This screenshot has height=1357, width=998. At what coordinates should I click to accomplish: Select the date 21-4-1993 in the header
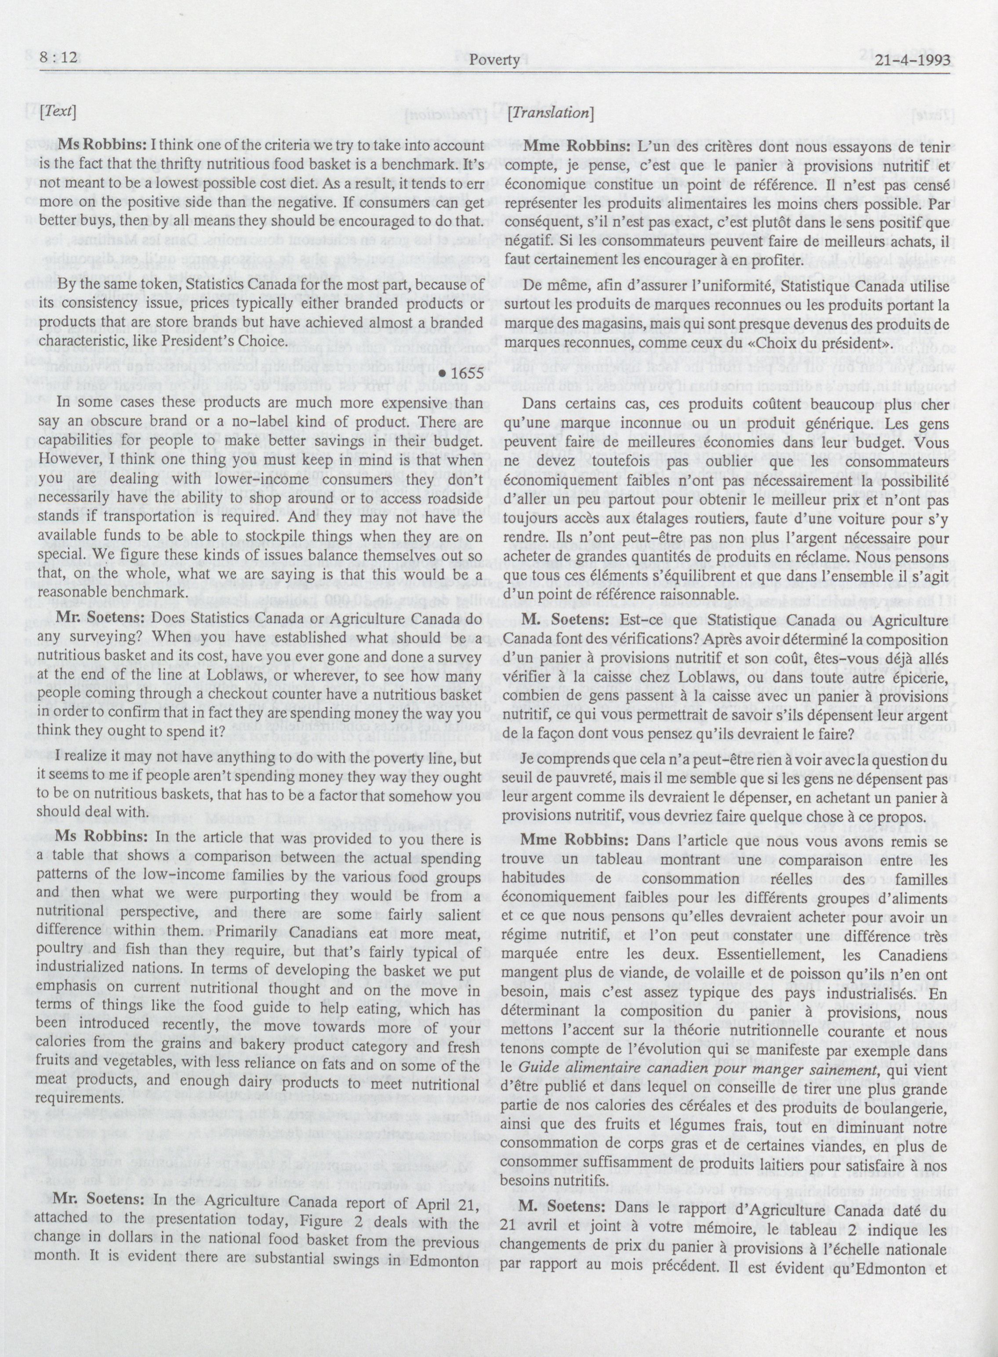tap(904, 60)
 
